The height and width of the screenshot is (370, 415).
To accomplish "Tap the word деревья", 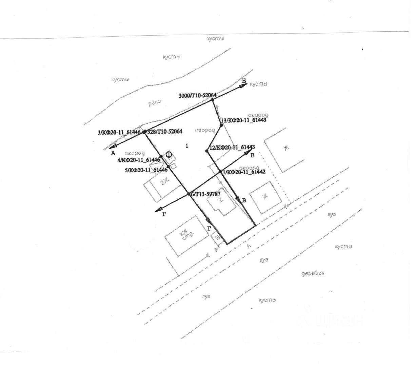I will [313, 273].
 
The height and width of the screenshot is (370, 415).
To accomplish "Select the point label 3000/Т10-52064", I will [197, 96].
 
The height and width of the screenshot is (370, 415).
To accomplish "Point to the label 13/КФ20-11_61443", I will [243, 120].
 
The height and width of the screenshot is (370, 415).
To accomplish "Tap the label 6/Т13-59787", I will [206, 194].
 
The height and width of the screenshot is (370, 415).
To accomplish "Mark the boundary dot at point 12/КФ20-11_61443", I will [207, 151].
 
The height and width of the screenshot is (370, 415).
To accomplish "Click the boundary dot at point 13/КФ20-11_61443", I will [221, 125].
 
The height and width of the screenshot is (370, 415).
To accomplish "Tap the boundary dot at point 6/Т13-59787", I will [189, 194].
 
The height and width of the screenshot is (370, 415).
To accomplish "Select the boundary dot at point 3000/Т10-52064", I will [213, 100].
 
